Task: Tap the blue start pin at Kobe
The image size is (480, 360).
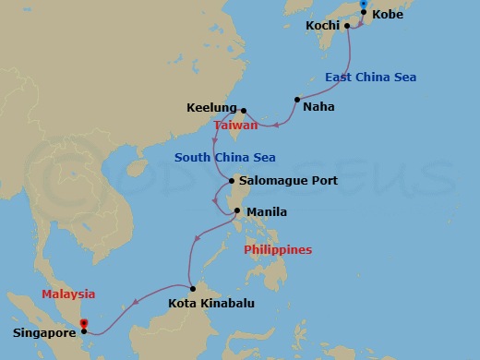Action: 364,6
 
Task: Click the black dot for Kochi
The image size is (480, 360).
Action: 347,26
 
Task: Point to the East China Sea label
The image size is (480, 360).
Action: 370,77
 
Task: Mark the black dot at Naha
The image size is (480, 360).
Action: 296,99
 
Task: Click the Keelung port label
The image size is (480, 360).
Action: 211,107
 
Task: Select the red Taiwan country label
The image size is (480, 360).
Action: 235,125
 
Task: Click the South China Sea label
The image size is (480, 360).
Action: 225,157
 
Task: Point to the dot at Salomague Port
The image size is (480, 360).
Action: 232,180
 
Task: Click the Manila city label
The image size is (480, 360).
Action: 266,211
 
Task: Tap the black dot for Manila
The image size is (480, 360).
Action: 237,210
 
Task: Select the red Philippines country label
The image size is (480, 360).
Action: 277,249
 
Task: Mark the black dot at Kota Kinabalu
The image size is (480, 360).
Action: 192,288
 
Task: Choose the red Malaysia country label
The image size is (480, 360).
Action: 68,294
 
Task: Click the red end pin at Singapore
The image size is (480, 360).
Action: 83,324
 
